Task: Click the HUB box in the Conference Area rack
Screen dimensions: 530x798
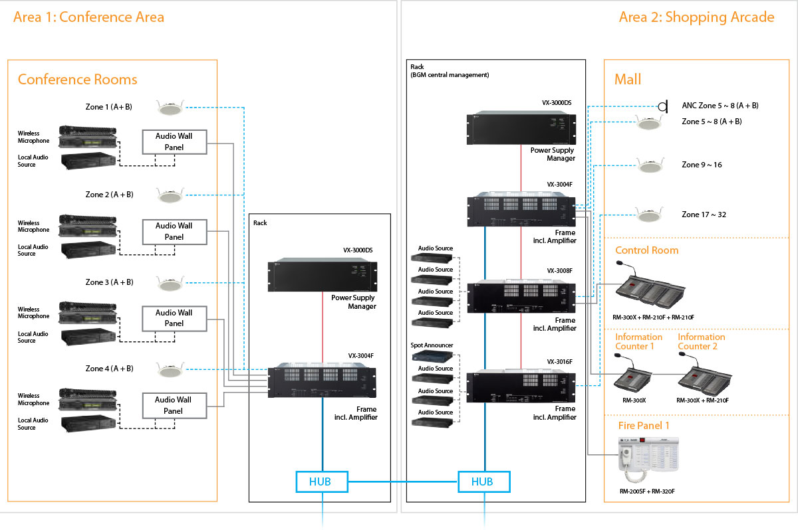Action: pyautogui.click(x=322, y=482)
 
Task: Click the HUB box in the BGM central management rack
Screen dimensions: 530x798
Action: pyautogui.click(x=483, y=482)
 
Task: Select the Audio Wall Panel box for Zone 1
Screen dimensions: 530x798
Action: pyautogui.click(x=174, y=141)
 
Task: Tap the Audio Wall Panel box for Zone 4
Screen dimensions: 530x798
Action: pyautogui.click(x=174, y=405)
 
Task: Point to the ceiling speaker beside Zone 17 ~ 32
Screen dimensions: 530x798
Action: pyautogui.click(x=648, y=215)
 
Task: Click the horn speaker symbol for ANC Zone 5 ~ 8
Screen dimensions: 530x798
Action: pyautogui.click(x=662, y=106)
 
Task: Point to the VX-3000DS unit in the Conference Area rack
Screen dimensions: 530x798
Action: pyautogui.click(x=321, y=275)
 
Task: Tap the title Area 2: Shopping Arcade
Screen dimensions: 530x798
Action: pyautogui.click(x=696, y=17)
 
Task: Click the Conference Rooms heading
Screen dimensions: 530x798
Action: pyautogui.click(x=77, y=80)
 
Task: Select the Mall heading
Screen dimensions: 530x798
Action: pyautogui.click(x=628, y=80)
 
